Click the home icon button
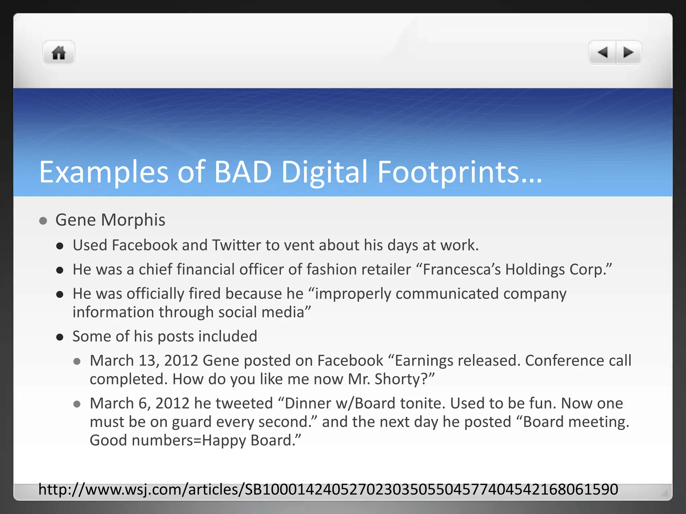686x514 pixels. tap(59, 53)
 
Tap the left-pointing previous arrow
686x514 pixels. tap(603, 53)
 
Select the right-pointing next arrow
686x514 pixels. tap(628, 53)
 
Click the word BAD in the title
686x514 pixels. tap(243, 172)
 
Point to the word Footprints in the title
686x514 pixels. tap(448, 172)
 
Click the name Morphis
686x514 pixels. tap(133, 220)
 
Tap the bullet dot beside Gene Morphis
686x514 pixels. tap(43, 221)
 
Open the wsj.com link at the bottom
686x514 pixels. tap(328, 490)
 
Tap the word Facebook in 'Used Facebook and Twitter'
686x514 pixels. tap(144, 245)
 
